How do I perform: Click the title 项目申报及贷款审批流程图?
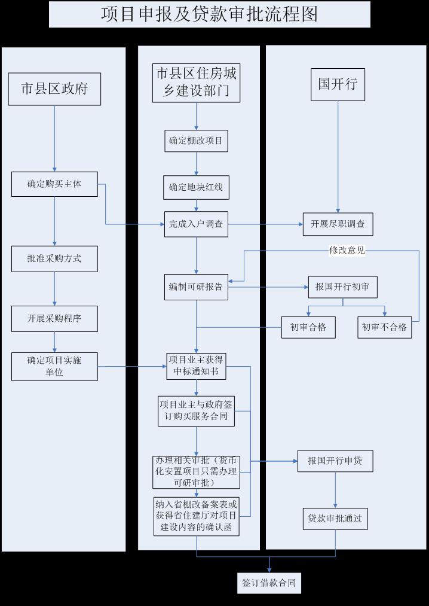click(209, 14)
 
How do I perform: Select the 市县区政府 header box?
click(54, 89)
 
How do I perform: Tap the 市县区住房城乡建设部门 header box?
click(196, 83)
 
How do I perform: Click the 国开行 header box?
click(338, 84)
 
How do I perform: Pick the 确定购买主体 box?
click(54, 184)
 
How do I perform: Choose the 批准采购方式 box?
click(54, 258)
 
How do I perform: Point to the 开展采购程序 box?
click(54, 318)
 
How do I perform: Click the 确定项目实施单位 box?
click(54, 366)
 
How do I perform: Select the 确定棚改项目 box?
click(196, 141)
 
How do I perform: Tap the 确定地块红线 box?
click(196, 187)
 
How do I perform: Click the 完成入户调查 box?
click(196, 224)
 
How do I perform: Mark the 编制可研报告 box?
click(196, 287)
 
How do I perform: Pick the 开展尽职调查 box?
click(338, 224)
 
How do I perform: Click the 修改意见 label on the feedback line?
click(347, 251)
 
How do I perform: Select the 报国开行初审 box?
click(343, 287)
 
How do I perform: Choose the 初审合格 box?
click(308, 327)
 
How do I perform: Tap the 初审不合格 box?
click(385, 327)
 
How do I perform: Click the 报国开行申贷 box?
click(335, 461)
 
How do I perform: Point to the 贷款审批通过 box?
click(335, 519)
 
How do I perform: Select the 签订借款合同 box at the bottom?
click(269, 583)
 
